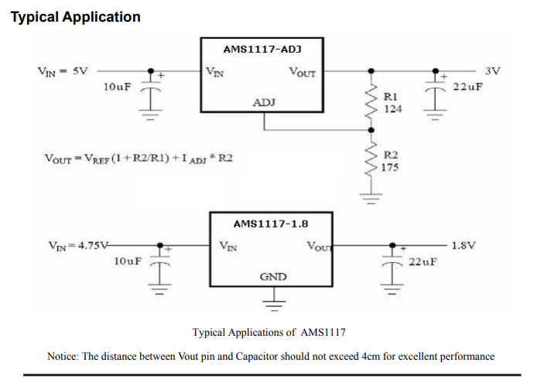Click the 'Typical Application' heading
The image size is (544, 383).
pos(76,16)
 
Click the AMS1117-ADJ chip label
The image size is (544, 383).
pos(261,48)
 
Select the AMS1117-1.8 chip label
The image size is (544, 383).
pos(270,224)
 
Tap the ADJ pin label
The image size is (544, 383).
pos(264,102)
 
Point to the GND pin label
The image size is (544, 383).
pos(273,276)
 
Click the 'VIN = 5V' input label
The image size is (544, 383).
pos(63,70)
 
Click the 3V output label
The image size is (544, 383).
pos(492,70)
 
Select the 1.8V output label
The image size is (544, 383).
pos(463,245)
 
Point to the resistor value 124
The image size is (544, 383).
pos(393,108)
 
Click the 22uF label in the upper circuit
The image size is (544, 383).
pos(467,86)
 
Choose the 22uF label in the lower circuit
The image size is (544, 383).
pos(423,262)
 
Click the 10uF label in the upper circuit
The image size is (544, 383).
pos(117,86)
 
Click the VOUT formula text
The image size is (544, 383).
pos(139,159)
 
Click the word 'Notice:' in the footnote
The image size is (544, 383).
pos(63,356)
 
